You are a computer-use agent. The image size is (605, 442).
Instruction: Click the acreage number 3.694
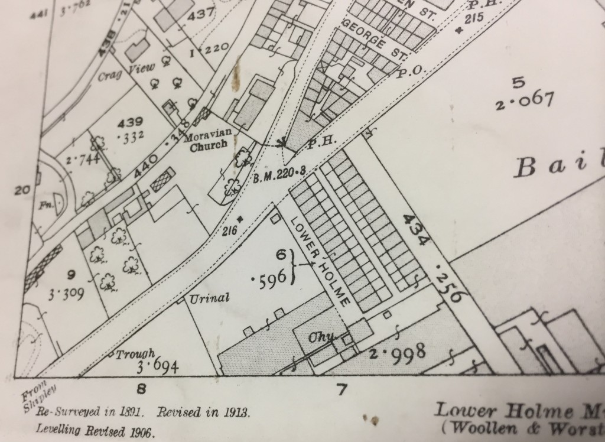tap(157, 368)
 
